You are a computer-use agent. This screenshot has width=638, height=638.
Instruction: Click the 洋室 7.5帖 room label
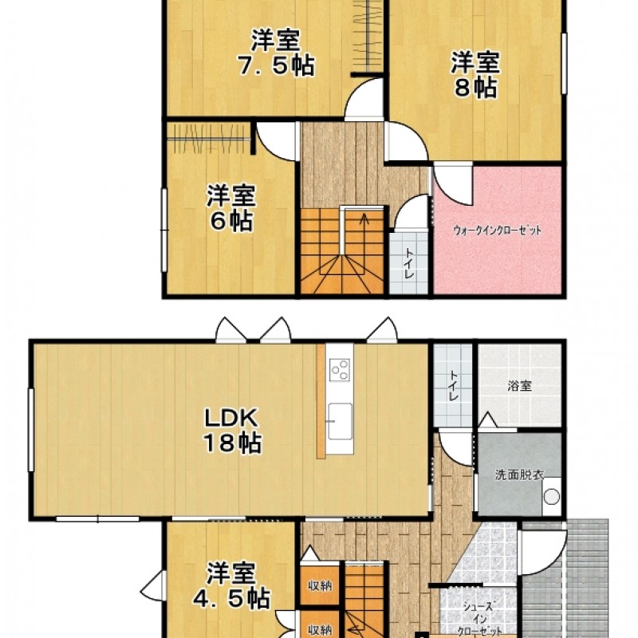point(276,53)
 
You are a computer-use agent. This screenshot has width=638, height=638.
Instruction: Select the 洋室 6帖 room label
point(231,208)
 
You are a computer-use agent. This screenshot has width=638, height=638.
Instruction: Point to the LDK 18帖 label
point(232,431)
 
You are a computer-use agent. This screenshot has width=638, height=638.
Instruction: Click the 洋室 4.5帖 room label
point(231,586)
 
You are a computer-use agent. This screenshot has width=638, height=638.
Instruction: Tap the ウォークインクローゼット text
point(497,230)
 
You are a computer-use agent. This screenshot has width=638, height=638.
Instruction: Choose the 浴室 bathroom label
point(520,386)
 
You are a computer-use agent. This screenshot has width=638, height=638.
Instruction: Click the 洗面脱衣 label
point(519,475)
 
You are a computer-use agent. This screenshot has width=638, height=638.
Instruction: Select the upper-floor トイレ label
point(408,263)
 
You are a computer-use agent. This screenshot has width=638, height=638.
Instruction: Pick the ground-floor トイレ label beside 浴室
point(453,385)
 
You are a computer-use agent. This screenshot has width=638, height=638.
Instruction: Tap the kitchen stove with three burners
point(341,369)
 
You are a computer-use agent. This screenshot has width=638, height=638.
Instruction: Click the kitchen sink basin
point(341,422)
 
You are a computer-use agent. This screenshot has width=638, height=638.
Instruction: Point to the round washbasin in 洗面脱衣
point(552,497)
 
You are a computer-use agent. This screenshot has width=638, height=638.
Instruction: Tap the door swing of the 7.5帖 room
point(364,99)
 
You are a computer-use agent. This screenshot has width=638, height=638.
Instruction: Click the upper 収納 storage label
point(320,586)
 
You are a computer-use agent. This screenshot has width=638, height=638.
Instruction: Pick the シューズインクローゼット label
point(479,620)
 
